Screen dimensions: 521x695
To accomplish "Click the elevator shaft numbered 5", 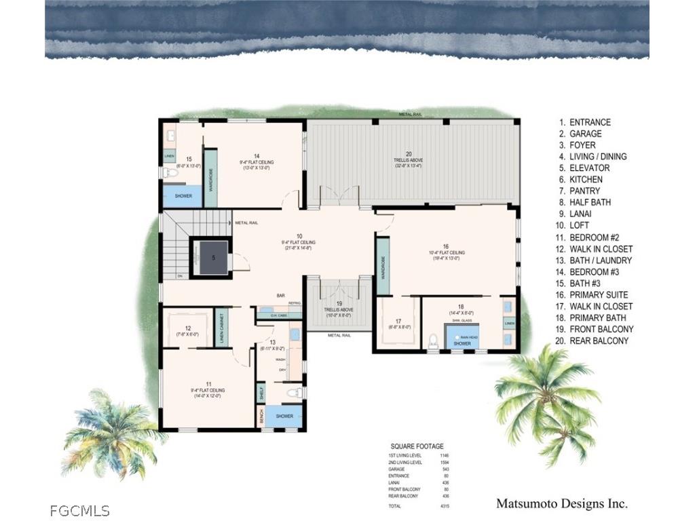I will tap(212, 258).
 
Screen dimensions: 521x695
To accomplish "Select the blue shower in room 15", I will tap(183, 196).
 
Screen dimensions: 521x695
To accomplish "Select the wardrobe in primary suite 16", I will tap(383, 267).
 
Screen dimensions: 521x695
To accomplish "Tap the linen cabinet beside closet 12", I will tap(221, 329).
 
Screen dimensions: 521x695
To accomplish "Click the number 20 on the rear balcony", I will tap(409, 154).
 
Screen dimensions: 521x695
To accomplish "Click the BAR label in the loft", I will tap(280, 295).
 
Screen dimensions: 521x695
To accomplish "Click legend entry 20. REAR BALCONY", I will tap(593, 341).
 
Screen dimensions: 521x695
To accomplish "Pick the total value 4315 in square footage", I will tap(444, 506).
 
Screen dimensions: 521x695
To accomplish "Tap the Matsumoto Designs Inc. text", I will tap(561, 503).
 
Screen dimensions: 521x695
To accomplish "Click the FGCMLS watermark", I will tap(79, 510).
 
